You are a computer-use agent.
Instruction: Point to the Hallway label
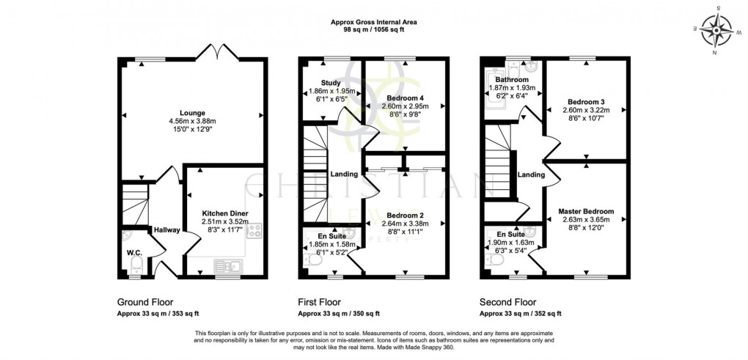tap(166, 230)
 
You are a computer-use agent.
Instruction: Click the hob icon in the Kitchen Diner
tap(255, 232)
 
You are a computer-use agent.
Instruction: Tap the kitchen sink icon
tap(226, 265)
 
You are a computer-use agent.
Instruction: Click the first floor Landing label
tap(343, 175)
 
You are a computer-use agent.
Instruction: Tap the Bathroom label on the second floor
tap(511, 79)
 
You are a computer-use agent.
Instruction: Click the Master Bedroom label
tap(586, 211)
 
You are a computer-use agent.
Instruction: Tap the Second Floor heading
tap(507, 302)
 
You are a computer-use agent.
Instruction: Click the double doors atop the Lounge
tap(216, 52)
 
